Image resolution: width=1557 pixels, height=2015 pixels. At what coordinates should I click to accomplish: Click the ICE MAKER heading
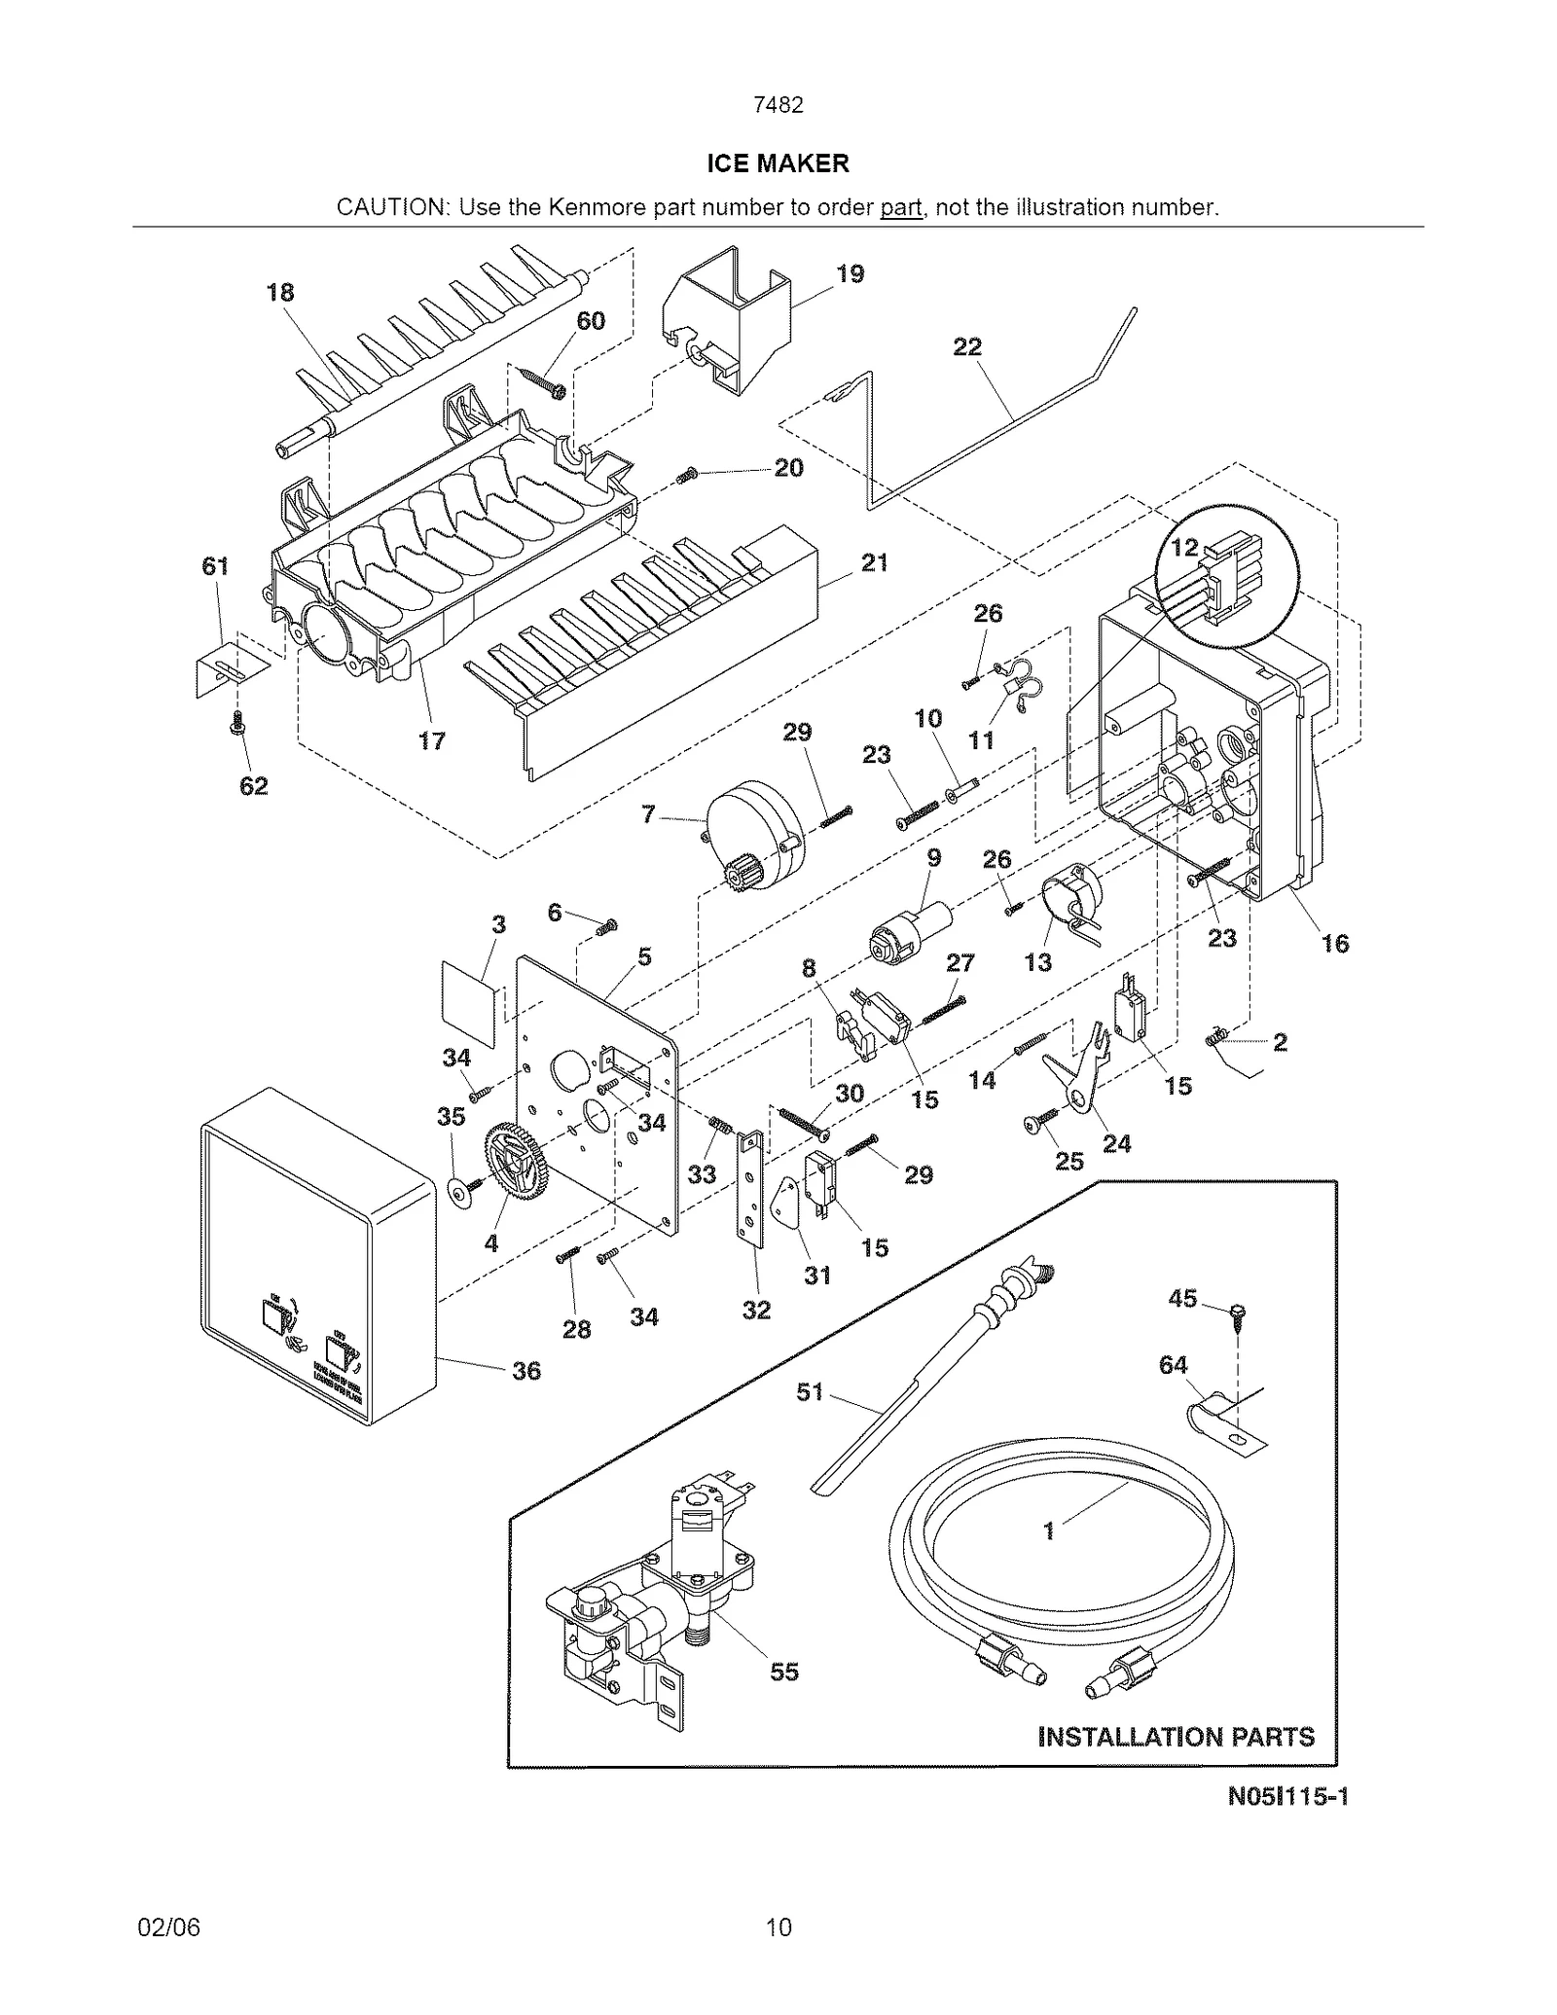(778, 163)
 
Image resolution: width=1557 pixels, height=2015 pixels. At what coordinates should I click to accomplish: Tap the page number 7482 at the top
(778, 105)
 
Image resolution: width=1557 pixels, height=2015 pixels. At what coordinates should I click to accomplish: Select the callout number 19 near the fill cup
(850, 274)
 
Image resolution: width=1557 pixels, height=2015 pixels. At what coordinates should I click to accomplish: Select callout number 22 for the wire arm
(966, 347)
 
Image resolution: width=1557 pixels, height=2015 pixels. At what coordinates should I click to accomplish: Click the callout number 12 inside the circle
(1183, 548)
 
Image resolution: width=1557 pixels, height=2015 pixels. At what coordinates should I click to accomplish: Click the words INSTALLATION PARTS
(1176, 1737)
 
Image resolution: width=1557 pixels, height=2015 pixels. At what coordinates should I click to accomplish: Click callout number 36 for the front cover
(525, 1370)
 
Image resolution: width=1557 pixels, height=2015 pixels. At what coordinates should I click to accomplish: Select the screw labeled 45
(1238, 1314)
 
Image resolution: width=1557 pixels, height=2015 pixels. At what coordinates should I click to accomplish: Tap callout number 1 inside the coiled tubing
(1048, 1530)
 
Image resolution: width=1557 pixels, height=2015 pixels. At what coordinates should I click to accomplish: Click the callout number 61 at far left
(215, 566)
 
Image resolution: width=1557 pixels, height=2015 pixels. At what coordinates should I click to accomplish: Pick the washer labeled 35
(454, 1192)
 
